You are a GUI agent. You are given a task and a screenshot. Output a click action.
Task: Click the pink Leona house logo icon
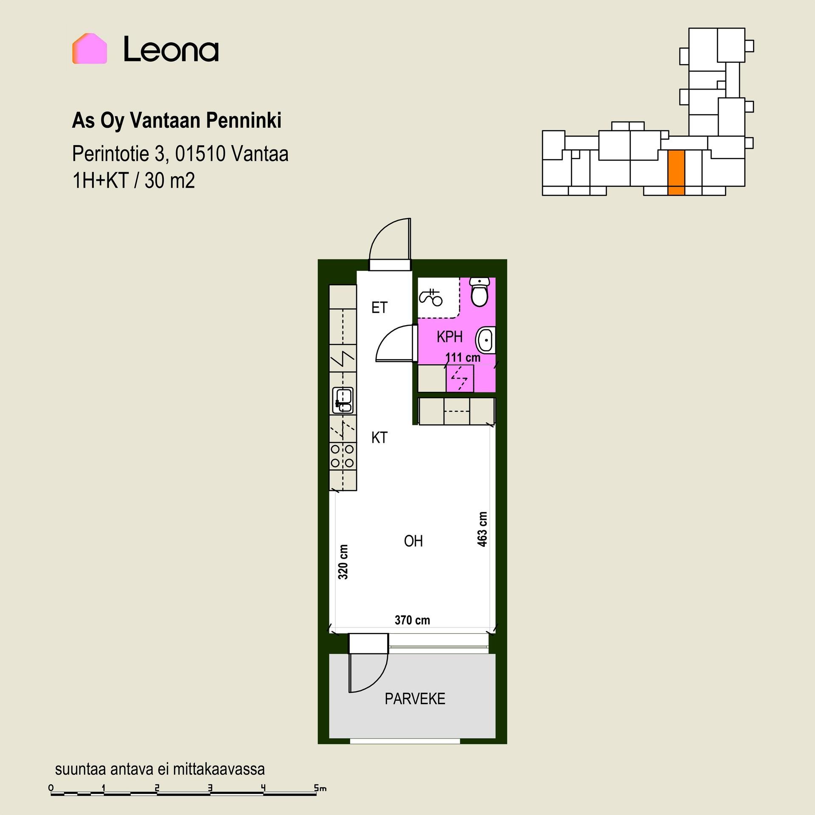tap(90, 48)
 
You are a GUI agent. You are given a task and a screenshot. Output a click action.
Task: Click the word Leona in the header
tap(171, 49)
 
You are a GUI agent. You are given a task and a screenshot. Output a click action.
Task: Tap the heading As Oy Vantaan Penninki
tap(177, 121)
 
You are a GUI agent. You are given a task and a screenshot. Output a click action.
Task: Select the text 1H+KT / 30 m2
tap(134, 181)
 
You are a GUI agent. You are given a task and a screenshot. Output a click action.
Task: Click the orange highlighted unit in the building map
tap(676, 173)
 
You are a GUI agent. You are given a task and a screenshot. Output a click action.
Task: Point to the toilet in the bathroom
tap(480, 292)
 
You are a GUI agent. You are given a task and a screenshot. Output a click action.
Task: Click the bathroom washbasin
tap(486, 340)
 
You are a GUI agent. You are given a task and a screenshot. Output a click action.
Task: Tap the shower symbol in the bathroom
tap(431, 297)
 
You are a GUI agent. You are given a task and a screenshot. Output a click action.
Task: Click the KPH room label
tap(450, 337)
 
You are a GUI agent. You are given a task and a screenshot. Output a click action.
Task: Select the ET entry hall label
tap(379, 308)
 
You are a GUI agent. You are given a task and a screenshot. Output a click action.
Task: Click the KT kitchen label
tap(379, 438)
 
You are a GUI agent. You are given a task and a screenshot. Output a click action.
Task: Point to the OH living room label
tap(413, 541)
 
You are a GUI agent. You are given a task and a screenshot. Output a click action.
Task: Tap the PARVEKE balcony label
tap(415, 699)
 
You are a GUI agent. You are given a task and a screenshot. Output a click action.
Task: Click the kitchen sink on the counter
tap(343, 400)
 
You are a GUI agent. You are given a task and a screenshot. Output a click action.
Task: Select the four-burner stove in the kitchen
tap(343, 456)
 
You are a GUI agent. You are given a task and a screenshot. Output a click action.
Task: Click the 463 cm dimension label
tap(482, 529)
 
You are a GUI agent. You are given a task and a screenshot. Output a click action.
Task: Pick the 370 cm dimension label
tap(412, 621)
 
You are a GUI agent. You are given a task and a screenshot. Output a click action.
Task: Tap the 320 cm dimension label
tap(343, 562)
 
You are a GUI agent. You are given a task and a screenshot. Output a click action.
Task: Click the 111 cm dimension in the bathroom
tap(463, 357)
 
